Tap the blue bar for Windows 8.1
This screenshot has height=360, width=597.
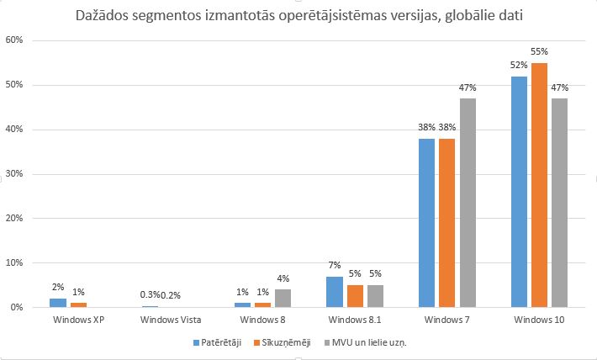[335, 292]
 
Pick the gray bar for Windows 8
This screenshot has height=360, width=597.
[282, 299]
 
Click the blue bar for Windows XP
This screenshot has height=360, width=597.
[57, 303]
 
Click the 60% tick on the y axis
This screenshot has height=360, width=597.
[22, 41]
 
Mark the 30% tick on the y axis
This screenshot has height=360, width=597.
[22, 174]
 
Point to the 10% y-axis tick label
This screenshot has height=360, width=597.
[22, 263]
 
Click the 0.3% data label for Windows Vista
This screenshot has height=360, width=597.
[150, 294]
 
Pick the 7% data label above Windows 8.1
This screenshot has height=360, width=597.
[335, 266]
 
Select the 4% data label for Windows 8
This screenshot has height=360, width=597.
[283, 279]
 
